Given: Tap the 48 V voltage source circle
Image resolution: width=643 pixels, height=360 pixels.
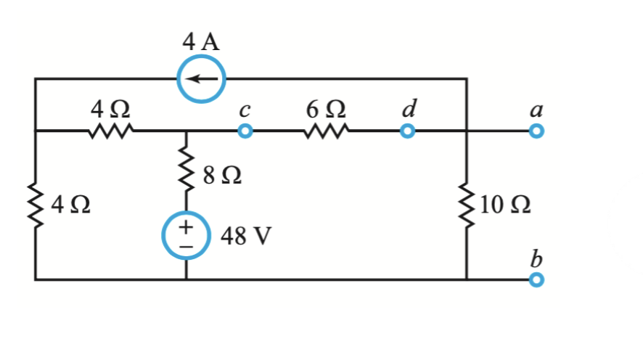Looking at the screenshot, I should click(187, 237).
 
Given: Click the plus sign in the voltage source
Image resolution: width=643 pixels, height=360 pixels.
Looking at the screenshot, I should click(187, 227).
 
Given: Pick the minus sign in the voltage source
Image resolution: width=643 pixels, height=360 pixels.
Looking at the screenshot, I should click(187, 247).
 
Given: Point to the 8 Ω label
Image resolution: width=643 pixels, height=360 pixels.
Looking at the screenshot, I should click(223, 175).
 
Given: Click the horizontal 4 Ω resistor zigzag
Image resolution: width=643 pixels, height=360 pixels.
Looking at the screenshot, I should click(110, 131).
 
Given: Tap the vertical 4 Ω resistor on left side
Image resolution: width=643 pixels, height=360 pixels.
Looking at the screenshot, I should click(35, 205).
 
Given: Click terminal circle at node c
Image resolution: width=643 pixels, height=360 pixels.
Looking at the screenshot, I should click(245, 131).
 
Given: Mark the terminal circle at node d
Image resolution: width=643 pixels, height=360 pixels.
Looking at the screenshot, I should click(408, 131).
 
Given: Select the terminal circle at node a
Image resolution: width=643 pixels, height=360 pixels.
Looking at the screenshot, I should click(536, 131).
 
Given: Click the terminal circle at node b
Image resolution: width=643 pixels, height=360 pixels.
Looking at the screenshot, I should click(536, 279).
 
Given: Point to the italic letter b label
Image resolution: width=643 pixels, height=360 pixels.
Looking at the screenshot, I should click(536, 258).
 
